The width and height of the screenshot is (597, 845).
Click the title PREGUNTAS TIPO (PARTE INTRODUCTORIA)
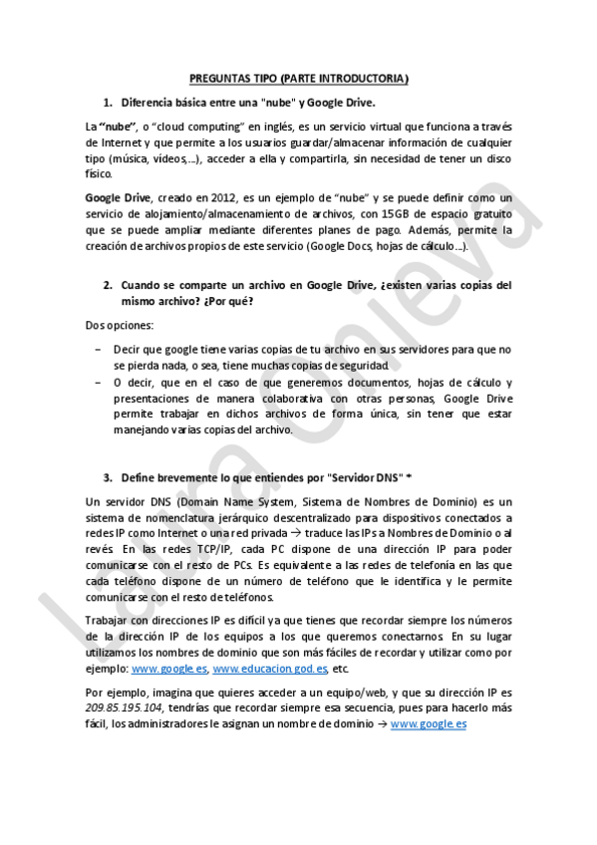point(299,79)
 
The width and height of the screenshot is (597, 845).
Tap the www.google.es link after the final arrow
point(429,723)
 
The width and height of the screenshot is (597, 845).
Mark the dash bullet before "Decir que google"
point(97,350)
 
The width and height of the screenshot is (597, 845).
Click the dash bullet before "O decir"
point(97,383)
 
